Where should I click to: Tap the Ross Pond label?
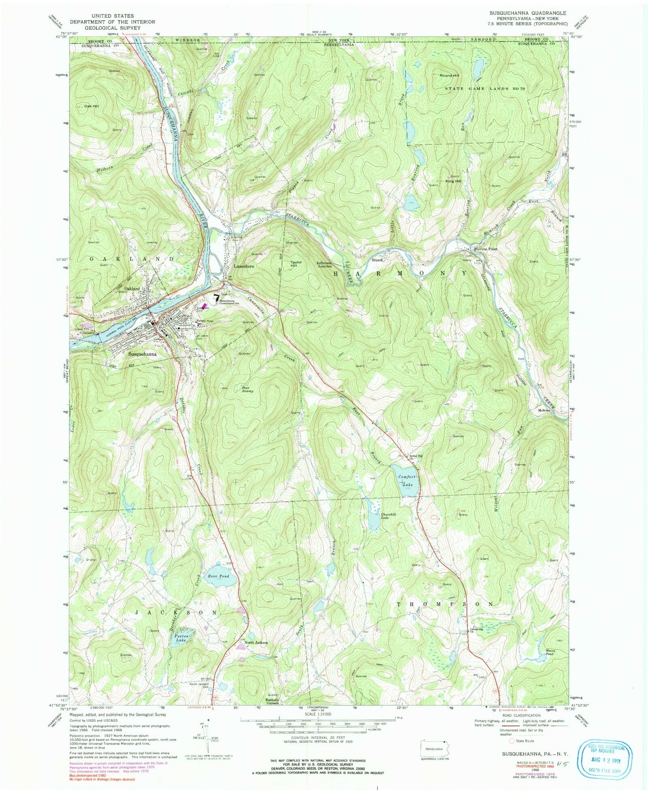pyautogui.click(x=218, y=576)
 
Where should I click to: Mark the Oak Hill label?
pyautogui.click(x=88, y=106)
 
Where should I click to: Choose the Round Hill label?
pyautogui.click(x=449, y=75)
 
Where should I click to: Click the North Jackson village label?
pyautogui.click(x=256, y=643)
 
